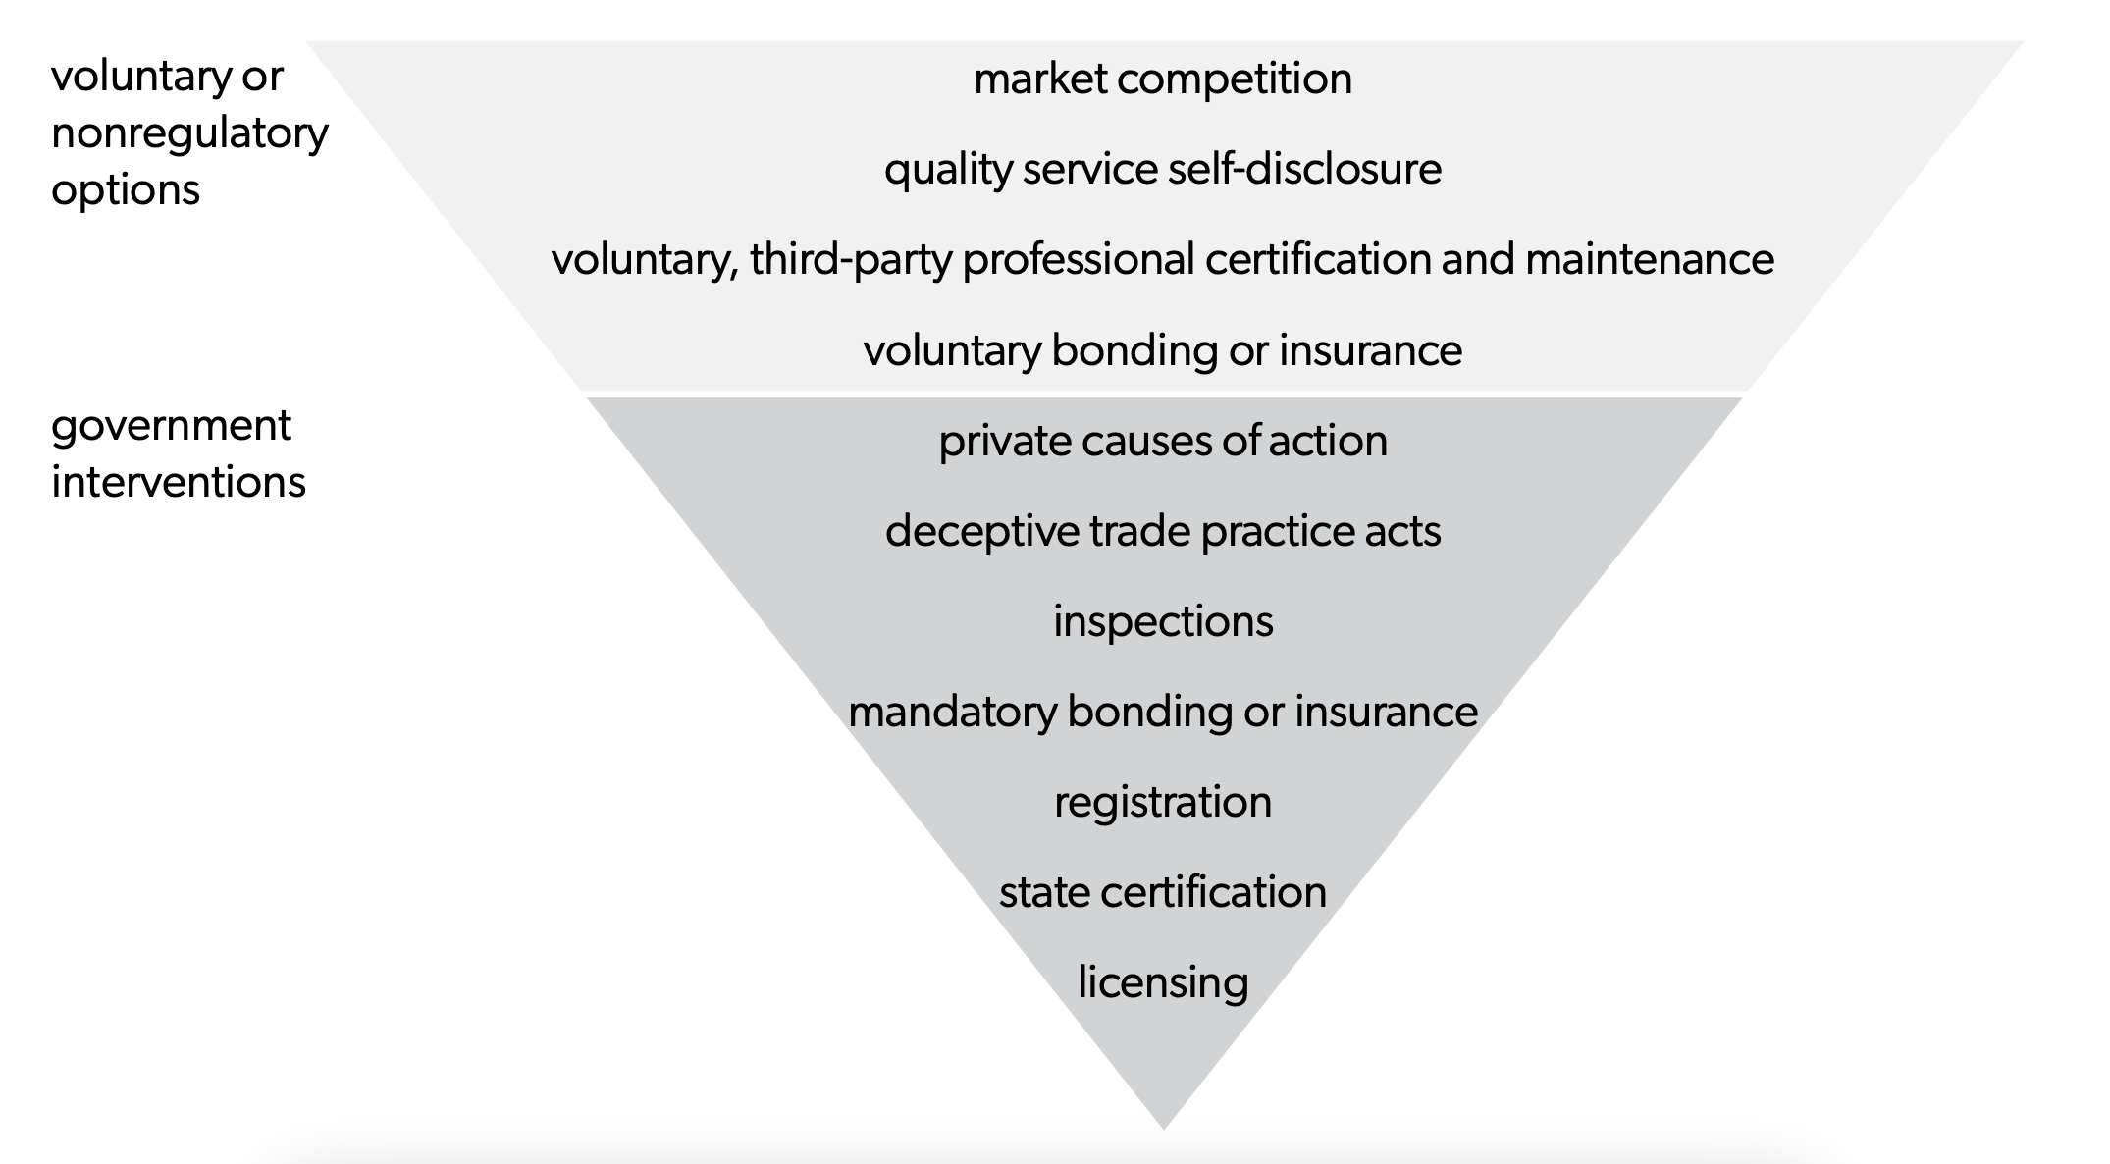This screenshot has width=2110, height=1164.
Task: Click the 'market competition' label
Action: click(1163, 79)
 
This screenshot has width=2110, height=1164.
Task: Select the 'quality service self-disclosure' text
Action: click(1163, 170)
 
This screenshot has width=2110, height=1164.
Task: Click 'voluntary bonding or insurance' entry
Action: click(1163, 350)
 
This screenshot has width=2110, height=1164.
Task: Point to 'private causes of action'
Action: click(1163, 441)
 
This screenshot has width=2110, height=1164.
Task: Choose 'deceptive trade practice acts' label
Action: click(1163, 531)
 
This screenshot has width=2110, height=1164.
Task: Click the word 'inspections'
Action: click(1163, 621)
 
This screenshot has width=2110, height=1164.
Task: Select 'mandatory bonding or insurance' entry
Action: click(1163, 712)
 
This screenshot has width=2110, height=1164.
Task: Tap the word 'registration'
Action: click(1163, 802)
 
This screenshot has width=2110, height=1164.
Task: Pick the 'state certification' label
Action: click(1163, 892)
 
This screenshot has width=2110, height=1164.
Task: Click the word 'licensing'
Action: click(1163, 982)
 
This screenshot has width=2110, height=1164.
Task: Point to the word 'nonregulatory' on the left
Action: click(189, 133)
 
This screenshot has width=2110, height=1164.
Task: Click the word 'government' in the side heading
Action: click(171, 426)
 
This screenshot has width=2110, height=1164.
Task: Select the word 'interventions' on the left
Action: click(179, 482)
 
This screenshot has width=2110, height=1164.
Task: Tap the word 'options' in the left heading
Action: click(126, 189)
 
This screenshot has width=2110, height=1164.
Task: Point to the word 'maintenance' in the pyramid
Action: click(1650, 260)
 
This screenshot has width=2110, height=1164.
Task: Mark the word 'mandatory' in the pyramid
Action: click(951, 712)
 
